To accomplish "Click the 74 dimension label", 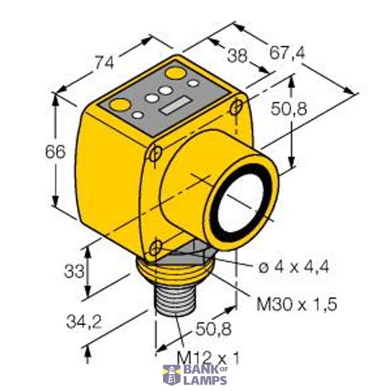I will (105, 63).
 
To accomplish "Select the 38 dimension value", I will (237, 56).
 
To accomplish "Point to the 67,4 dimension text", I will (287, 53).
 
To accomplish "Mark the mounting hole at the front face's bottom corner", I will (155, 246).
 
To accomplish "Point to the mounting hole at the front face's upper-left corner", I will (155, 154).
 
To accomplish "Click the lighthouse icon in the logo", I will (171, 375).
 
